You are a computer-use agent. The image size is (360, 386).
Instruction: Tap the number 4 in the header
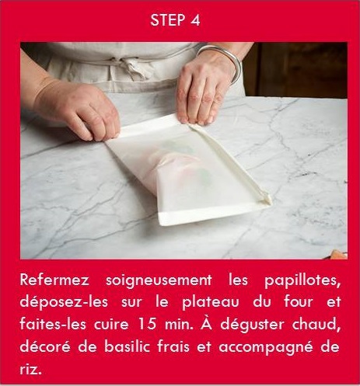point(195,21)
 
